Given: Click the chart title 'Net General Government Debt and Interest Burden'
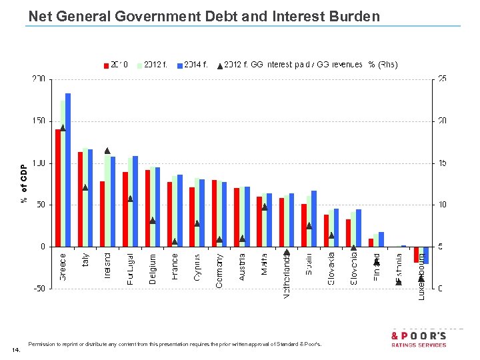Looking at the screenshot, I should [x=204, y=16].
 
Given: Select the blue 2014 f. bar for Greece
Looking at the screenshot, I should [x=68, y=170].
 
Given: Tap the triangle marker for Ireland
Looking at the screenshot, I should [x=107, y=151].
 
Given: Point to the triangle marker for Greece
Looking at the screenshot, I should [x=63, y=127].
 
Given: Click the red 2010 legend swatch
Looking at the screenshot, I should [x=105, y=65].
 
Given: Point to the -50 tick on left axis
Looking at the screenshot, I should [x=39, y=289].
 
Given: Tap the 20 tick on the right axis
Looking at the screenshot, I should [x=443, y=121].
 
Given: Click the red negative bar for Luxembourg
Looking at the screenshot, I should [x=416, y=254].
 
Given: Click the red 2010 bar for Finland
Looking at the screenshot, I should [x=371, y=243].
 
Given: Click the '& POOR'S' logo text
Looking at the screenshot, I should [x=419, y=336].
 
